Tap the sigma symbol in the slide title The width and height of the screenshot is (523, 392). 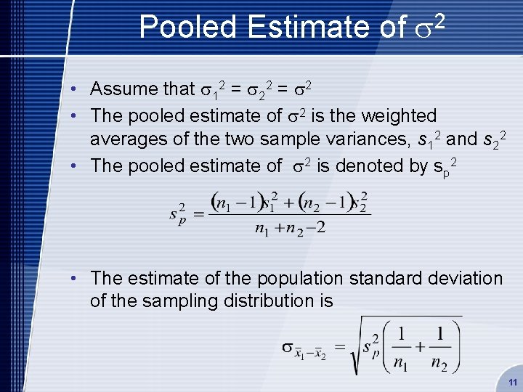point(422,28)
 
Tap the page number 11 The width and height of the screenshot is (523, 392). point(513,382)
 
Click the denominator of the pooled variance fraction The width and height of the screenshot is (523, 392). point(290,229)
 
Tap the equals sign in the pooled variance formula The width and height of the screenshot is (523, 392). point(197,212)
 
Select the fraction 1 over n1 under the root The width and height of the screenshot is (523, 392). point(400,347)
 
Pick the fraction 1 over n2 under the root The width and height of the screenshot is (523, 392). point(438,347)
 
